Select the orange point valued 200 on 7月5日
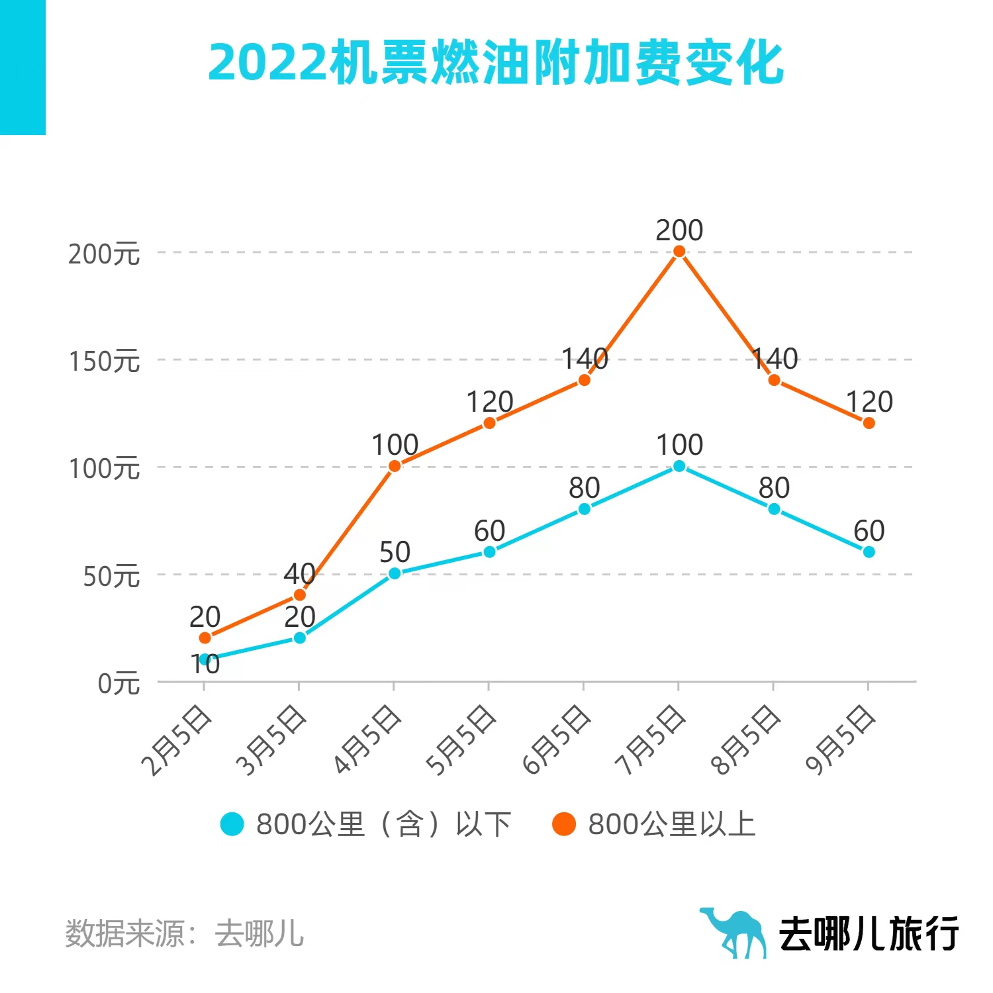tap(679, 252)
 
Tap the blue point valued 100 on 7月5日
tap(679, 466)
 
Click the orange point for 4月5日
tap(395, 466)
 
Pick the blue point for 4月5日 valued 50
tap(395, 573)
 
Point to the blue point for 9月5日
tap(869, 551)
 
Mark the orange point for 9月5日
tap(869, 423)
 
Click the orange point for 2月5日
tap(205, 638)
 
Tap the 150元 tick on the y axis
tap(105, 361)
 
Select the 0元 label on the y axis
tap(119, 683)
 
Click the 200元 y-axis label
tap(105, 254)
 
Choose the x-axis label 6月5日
tap(556, 740)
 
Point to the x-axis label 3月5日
tap(272, 740)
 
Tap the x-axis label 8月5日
tap(746, 740)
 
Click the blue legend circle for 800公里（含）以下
tap(232, 824)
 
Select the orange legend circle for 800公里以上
tap(564, 824)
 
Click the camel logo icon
tap(733, 932)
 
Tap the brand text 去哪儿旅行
tap(869, 933)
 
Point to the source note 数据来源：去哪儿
tap(185, 933)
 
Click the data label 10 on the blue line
tap(205, 664)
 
